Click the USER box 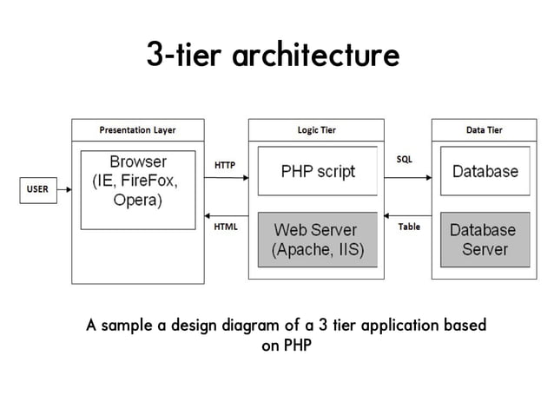point(38,188)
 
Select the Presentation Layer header point(137,130)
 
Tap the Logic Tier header point(316,130)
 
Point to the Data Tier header point(484,130)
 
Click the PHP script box point(317,171)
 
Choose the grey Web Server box point(317,240)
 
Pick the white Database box point(484,171)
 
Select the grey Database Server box point(484,240)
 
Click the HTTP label point(225,164)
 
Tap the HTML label point(225,227)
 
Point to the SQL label point(405,160)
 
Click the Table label point(409,227)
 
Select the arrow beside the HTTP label point(226,178)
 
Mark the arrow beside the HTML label point(226,216)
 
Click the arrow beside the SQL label point(407,178)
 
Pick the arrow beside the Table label point(407,216)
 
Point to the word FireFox point(150,181)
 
